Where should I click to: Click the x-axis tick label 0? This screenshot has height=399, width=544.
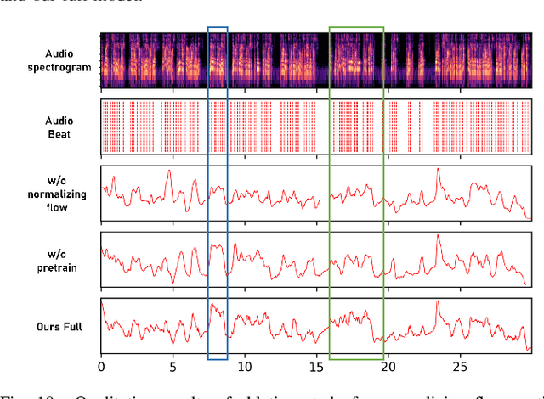[x=102, y=367]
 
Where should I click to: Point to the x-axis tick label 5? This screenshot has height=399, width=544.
[x=173, y=367]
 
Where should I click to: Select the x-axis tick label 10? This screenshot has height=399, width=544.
[x=245, y=367]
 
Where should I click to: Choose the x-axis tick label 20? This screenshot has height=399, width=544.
[x=388, y=367]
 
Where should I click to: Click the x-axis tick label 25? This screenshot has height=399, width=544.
[x=459, y=367]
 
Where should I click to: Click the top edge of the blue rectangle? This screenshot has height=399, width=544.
[x=218, y=27]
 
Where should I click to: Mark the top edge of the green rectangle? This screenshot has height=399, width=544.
[x=356, y=27]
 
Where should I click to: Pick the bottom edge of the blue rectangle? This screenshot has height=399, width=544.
[x=218, y=360]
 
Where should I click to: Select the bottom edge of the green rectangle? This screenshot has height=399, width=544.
[x=356, y=360]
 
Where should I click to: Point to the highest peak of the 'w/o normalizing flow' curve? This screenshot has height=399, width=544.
[x=439, y=169]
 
